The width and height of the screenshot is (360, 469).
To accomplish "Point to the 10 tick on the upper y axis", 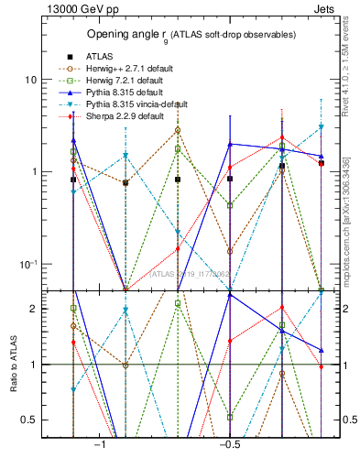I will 30,80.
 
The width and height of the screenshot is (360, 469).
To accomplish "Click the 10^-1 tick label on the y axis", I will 27,265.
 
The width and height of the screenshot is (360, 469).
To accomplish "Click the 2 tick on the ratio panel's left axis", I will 34,309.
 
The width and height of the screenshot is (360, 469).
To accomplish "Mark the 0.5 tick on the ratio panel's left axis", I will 30,420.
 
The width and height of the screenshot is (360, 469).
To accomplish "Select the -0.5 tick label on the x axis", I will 229,444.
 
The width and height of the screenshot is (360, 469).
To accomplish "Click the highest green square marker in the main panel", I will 178,148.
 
